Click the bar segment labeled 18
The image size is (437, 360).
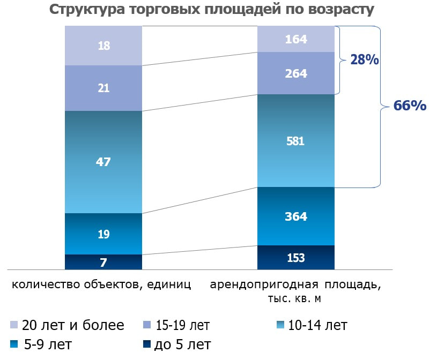click(103, 46)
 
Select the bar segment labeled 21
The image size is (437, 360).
click(103, 88)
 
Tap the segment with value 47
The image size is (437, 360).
click(103, 162)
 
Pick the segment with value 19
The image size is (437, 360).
click(103, 234)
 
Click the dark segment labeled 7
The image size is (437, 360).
click(103, 262)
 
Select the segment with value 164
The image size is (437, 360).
click(296, 39)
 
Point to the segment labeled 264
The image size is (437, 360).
click(296, 73)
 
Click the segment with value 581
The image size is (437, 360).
click(296, 141)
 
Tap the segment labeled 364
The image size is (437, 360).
click(296, 216)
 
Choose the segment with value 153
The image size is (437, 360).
click(296, 257)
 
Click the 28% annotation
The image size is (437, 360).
click(365, 60)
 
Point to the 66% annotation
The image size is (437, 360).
click(410, 106)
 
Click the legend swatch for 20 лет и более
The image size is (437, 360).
click(14, 325)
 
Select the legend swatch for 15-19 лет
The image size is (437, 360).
click(146, 325)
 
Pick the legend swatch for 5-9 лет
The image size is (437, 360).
click(14, 344)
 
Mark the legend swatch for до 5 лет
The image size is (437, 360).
click(146, 344)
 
